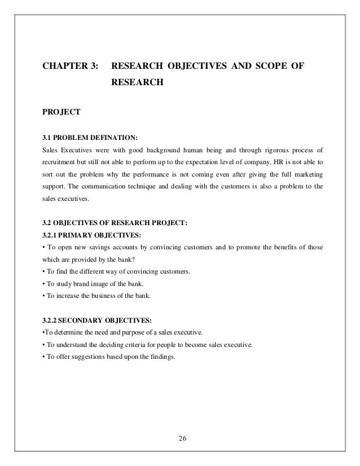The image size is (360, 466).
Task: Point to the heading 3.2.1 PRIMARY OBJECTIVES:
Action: [90, 234]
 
